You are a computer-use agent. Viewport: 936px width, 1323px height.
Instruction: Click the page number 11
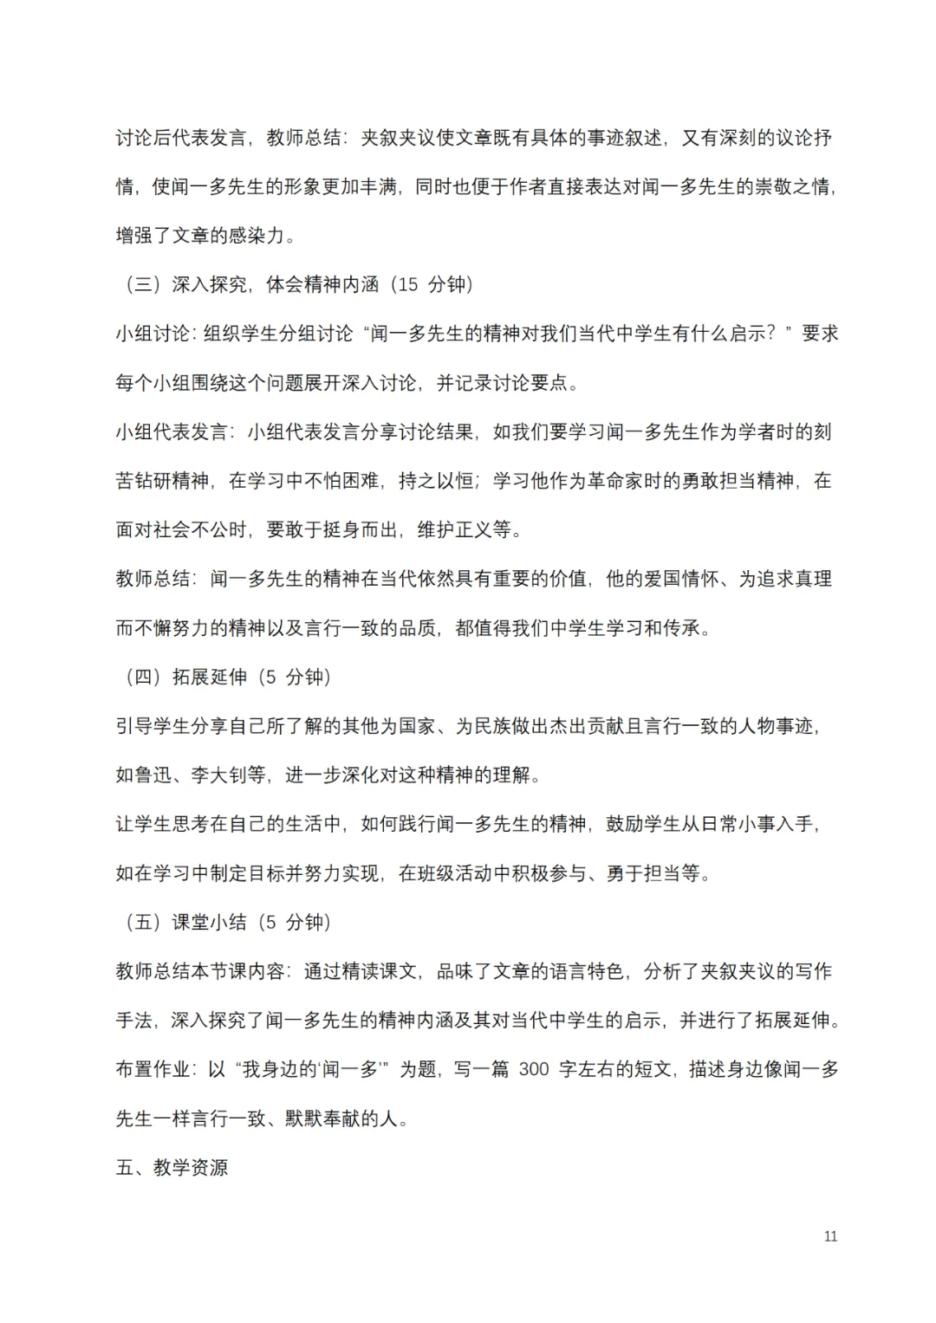pyautogui.click(x=830, y=1236)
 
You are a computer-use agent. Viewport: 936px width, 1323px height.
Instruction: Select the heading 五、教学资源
pyautogui.click(x=172, y=1168)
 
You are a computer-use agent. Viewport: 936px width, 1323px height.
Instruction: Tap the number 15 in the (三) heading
pyautogui.click(x=407, y=284)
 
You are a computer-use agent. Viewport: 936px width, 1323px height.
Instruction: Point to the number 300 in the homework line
pyautogui.click(x=534, y=1069)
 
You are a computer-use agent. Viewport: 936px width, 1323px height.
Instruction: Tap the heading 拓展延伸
pyautogui.click(x=209, y=677)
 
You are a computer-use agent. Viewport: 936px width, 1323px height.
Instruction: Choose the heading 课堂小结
pyautogui.click(x=209, y=922)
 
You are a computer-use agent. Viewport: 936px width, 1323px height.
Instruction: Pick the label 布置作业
pyautogui.click(x=153, y=1069)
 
